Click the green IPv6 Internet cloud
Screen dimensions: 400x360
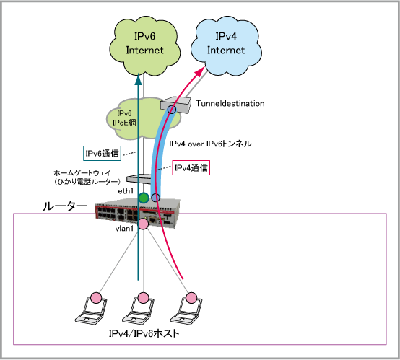(x=144, y=46)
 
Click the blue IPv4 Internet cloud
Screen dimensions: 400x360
(x=226, y=46)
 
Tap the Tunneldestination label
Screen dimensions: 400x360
(x=230, y=103)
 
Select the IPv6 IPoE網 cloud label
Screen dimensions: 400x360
(x=124, y=118)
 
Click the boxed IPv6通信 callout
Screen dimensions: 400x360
(x=102, y=153)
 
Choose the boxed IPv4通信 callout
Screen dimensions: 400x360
(x=191, y=168)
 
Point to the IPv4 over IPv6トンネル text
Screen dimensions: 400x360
(x=210, y=144)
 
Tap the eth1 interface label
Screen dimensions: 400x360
(x=126, y=191)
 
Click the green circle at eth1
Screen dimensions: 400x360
(x=144, y=198)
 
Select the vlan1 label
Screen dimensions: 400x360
(x=124, y=229)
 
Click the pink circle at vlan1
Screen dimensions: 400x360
(x=143, y=224)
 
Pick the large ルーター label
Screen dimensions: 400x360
(x=65, y=206)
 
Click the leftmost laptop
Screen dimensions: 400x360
(x=91, y=309)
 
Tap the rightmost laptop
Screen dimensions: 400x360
(x=186, y=309)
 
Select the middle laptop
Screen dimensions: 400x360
(x=138, y=309)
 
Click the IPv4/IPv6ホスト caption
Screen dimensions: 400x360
(x=144, y=333)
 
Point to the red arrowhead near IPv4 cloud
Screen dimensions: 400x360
(x=200, y=71)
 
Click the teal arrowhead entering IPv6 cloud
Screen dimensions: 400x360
(x=138, y=79)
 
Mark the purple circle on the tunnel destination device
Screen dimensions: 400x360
(x=172, y=110)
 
